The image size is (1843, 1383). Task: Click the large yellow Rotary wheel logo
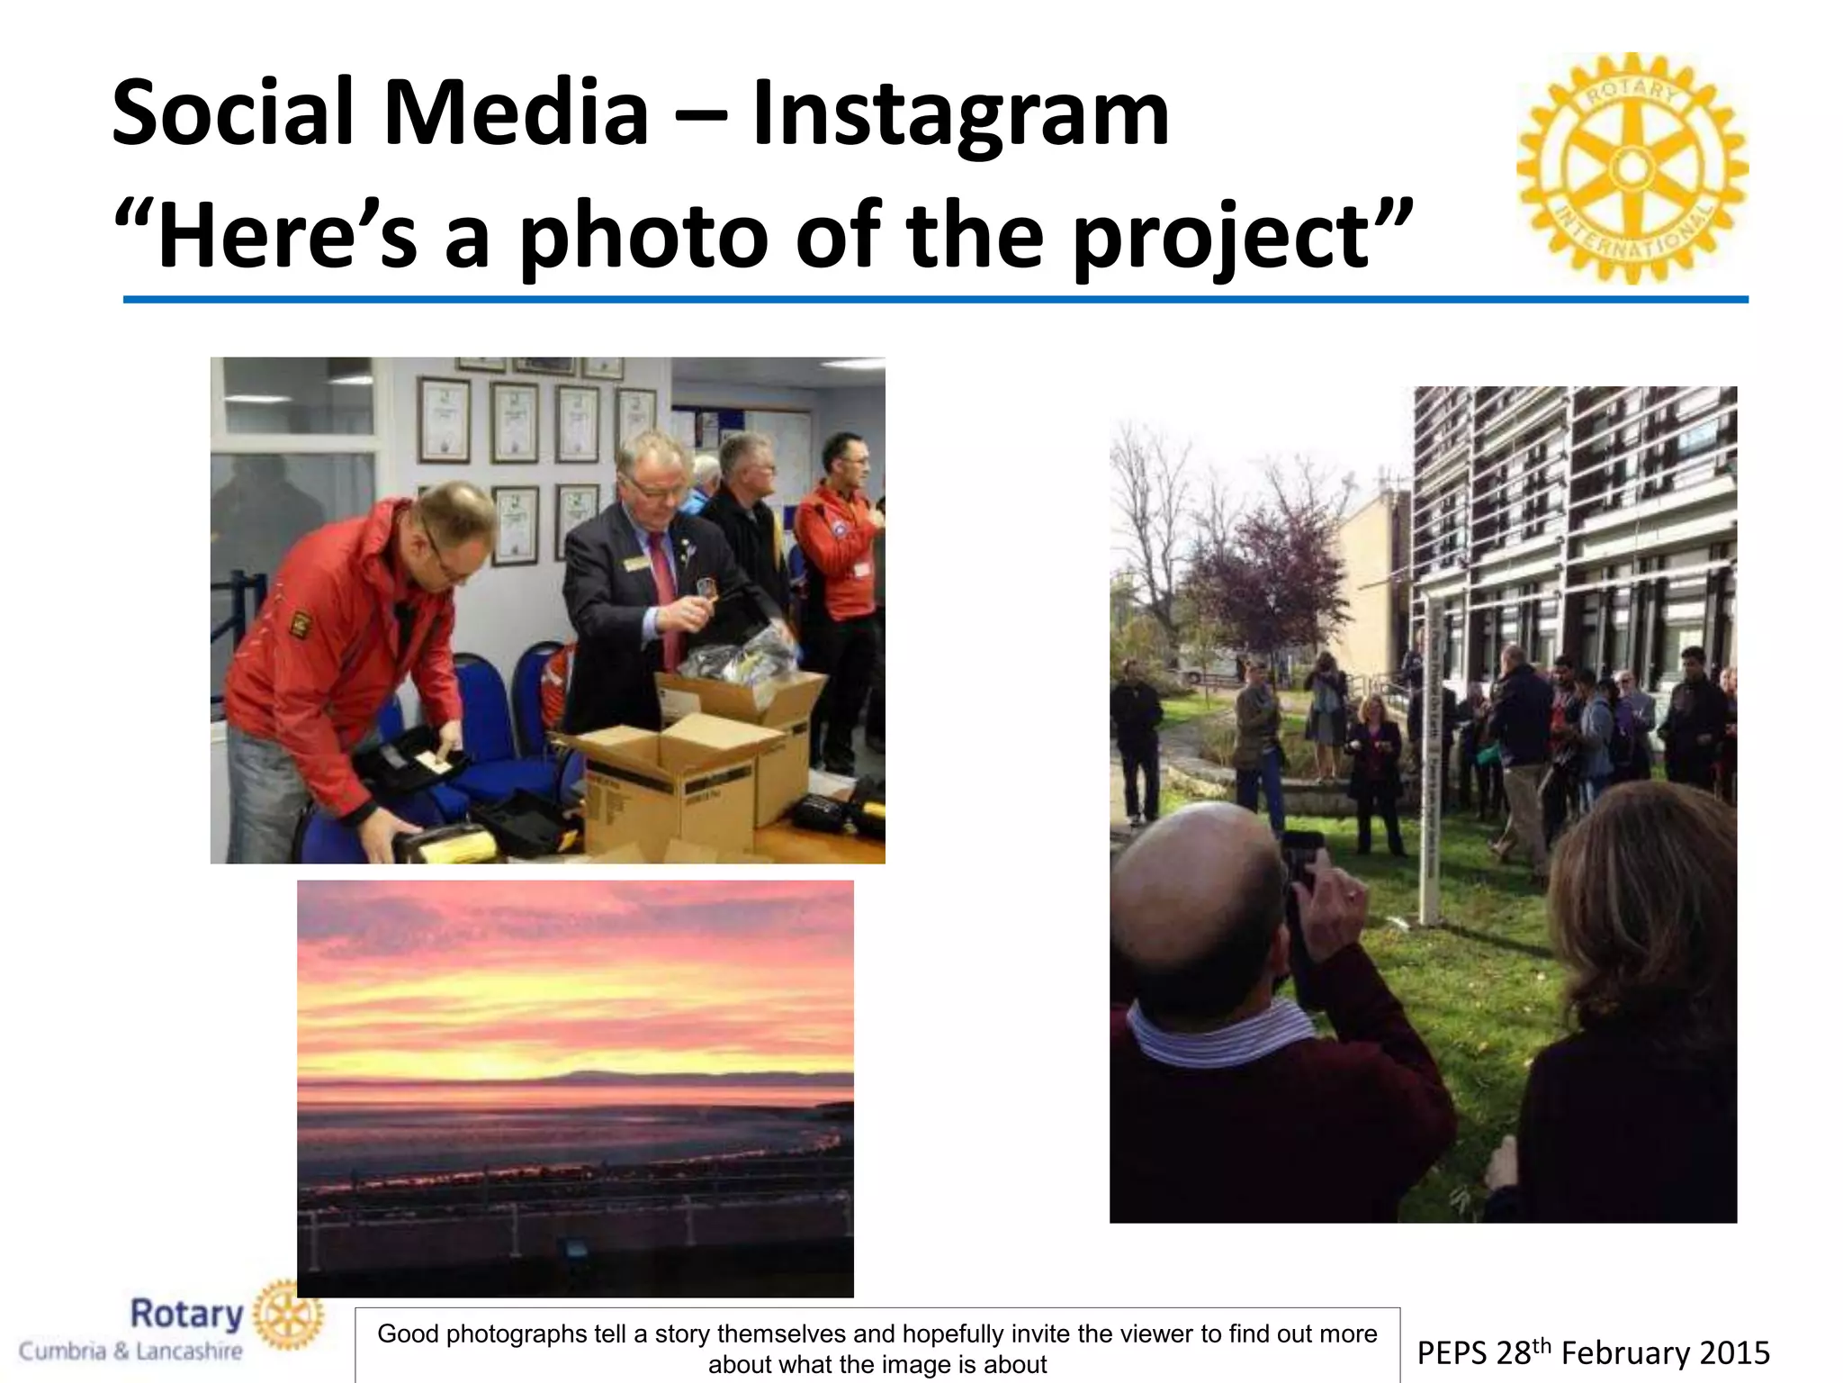pyautogui.click(x=1632, y=168)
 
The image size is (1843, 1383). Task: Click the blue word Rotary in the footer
pyautogui.click(x=186, y=1315)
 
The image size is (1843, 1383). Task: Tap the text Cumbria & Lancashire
pyautogui.click(x=130, y=1351)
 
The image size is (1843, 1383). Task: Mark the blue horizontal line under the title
pyautogui.click(x=936, y=299)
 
